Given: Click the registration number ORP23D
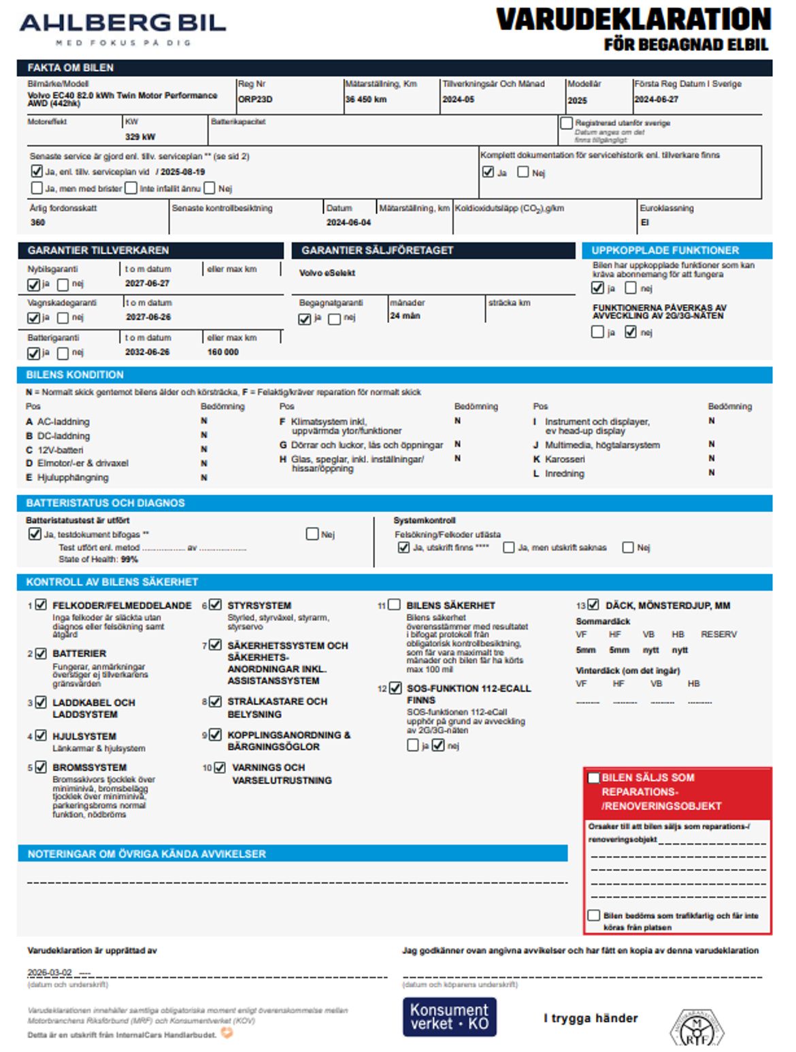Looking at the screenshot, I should [x=255, y=99].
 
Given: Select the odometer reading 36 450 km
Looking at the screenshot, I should [x=366, y=99].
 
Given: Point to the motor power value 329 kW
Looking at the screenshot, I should [x=140, y=137].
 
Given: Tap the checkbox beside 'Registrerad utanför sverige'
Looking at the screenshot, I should [x=566, y=123].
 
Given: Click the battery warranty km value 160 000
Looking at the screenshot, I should [x=223, y=352].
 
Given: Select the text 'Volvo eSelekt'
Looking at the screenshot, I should [x=327, y=273].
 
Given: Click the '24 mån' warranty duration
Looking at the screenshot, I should [x=405, y=316].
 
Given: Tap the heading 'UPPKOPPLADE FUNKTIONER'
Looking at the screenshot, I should [x=665, y=250].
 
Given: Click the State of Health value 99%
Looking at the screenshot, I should [x=129, y=559].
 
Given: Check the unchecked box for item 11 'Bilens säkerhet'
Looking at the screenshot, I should [x=394, y=605].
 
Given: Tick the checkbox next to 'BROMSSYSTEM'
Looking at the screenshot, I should [x=41, y=767].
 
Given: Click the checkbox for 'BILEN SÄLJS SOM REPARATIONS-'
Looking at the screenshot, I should [x=594, y=777].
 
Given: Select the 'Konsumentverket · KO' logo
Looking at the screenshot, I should [x=449, y=1017].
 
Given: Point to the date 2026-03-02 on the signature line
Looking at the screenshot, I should [x=50, y=972].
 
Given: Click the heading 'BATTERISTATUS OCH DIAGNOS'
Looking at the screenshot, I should [x=105, y=503].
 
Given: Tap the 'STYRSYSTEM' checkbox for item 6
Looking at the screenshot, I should [x=216, y=605].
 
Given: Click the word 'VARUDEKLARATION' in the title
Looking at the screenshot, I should [x=633, y=20].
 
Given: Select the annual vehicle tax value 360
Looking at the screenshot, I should [x=37, y=222].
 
